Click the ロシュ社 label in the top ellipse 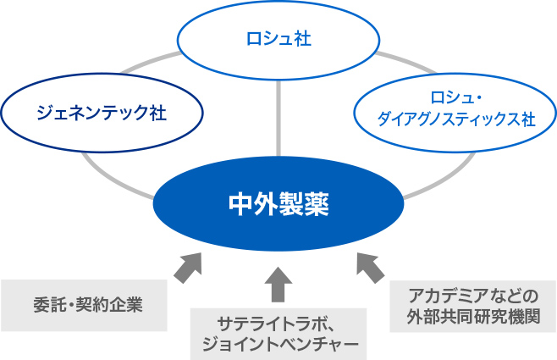pos(278,39)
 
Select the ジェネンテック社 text pos(102,113)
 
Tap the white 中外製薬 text pos(278,204)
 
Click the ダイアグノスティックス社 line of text pos(456,119)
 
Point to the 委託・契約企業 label pos(88,305)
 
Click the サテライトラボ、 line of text pos(274,324)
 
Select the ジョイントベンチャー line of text pos(280,343)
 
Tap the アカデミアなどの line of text pos(473,296)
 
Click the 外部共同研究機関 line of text pos(473,316)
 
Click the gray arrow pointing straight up pos(278,285)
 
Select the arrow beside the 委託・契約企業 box pos(188,268)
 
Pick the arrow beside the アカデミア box pos(370,268)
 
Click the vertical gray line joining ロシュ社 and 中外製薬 pos(278,119)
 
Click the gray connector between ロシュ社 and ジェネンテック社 pos(150,63)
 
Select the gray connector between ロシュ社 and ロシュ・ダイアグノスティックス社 pos(406,63)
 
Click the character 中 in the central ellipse pos(240,204)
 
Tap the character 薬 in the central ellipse pos(317,204)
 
